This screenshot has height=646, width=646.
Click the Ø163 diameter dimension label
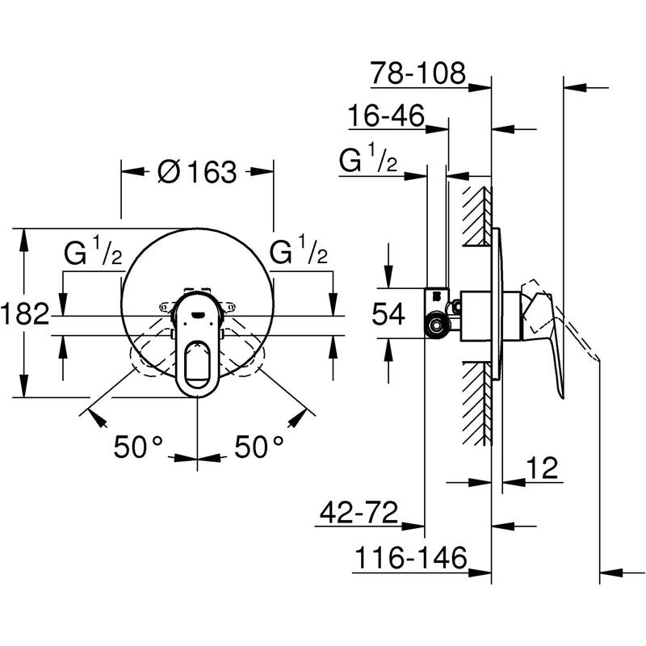(x=197, y=172)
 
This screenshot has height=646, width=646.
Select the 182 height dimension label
(x=25, y=313)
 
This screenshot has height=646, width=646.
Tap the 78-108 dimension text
(x=417, y=73)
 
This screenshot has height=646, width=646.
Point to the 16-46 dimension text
(x=386, y=115)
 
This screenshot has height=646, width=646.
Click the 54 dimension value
(x=388, y=314)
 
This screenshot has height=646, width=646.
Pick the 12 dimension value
(x=542, y=468)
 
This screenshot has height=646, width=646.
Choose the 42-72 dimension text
(x=359, y=512)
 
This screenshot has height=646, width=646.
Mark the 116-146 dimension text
(x=411, y=557)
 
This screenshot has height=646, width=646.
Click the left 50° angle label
(x=138, y=447)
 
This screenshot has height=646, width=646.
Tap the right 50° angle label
(x=259, y=447)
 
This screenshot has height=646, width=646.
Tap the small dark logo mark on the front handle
(x=198, y=315)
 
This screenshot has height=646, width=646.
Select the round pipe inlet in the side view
(x=436, y=325)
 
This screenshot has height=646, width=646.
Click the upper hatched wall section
(x=477, y=216)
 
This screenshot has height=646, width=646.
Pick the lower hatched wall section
(x=477, y=404)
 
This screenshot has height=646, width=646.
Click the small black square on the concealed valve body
(x=437, y=296)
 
